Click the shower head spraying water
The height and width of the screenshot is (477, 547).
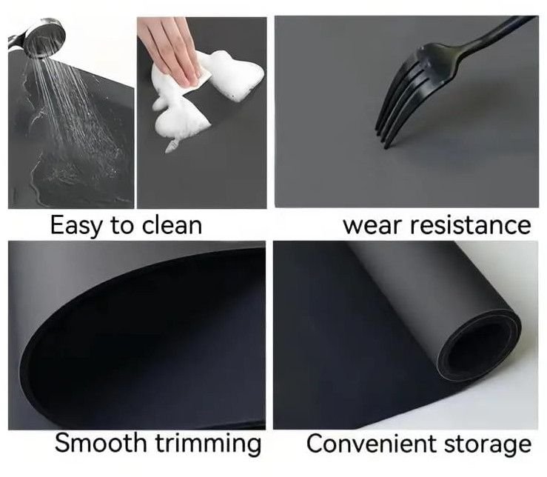click(38, 38)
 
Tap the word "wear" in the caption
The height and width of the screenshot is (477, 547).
click(372, 226)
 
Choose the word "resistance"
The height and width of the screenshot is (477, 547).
click(470, 225)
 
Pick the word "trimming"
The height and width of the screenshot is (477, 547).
click(208, 444)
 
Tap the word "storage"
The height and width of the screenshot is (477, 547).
click(488, 444)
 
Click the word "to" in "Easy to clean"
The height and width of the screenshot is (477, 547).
click(121, 226)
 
